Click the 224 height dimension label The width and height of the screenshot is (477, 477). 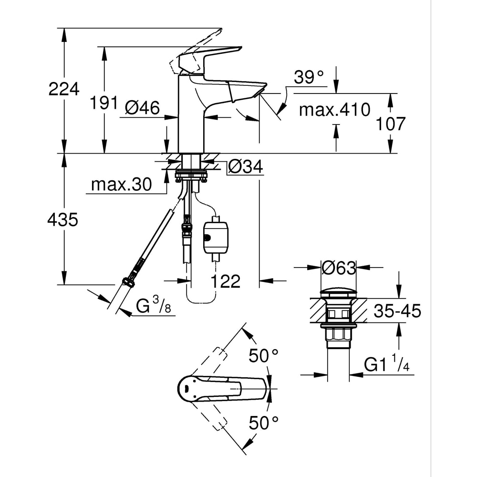pyautogui.click(x=63, y=89)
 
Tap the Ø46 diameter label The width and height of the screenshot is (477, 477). pyautogui.click(x=142, y=108)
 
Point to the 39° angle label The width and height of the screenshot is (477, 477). pyautogui.click(x=309, y=77)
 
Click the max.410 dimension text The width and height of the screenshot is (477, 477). pyautogui.click(x=334, y=110)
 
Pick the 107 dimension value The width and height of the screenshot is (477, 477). pyautogui.click(x=390, y=124)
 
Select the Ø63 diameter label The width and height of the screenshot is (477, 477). pyautogui.click(x=339, y=269)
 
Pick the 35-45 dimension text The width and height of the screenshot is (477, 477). pyautogui.click(x=397, y=311)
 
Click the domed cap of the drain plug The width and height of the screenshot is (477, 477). pyautogui.click(x=338, y=292)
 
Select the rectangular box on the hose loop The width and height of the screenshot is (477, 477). pyautogui.click(x=215, y=236)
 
